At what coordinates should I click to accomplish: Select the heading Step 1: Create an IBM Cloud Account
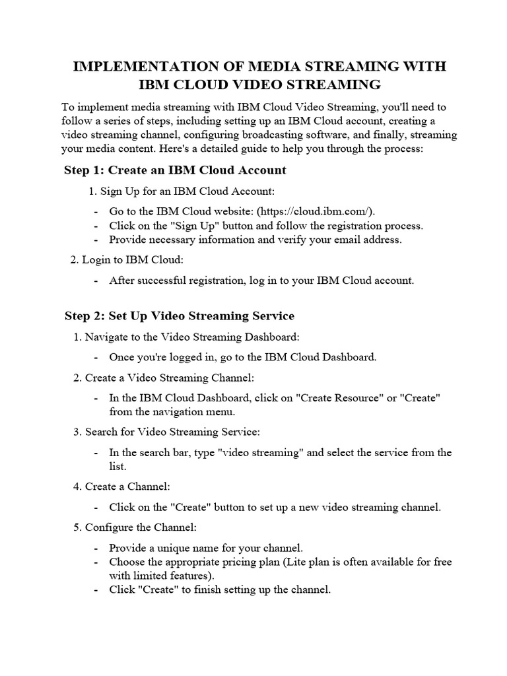tap(175, 170)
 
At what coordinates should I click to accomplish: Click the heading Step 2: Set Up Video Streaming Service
tap(180, 316)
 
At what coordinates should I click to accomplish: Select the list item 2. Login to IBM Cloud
tap(121, 260)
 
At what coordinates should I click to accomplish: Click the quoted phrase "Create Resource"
tap(337, 398)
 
